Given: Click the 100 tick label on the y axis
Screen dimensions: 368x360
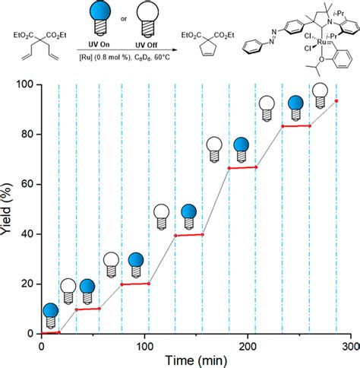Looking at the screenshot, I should point(25,84).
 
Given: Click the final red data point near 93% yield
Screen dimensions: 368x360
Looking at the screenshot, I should point(336,101).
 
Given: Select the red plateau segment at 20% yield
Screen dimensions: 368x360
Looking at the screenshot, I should point(135,284).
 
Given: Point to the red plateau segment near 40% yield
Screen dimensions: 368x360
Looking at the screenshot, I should point(189,235).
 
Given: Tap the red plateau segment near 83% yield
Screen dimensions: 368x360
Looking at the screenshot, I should point(295,125).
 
